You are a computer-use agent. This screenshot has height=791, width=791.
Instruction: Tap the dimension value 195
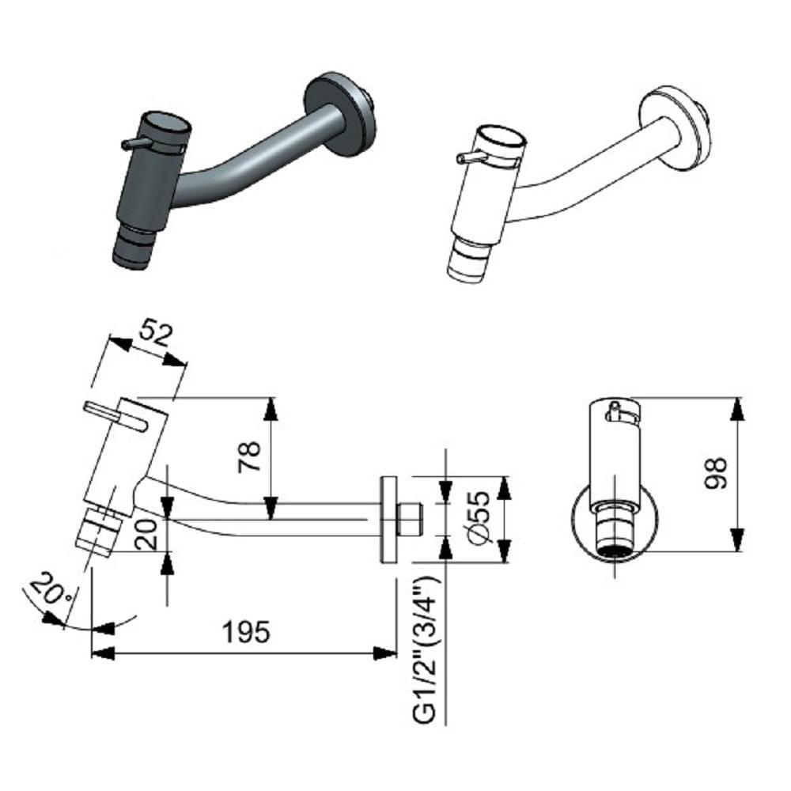[x=245, y=632]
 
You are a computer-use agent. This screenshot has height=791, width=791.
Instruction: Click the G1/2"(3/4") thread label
[x=426, y=649]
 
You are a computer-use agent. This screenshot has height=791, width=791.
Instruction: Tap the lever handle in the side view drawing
[x=114, y=414]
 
